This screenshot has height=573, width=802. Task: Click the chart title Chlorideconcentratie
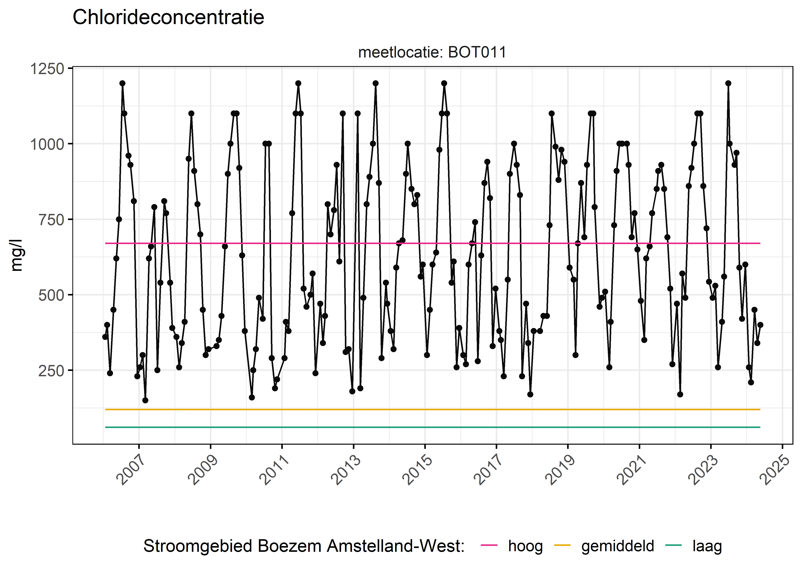point(168,17)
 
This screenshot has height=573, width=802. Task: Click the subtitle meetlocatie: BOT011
point(432,52)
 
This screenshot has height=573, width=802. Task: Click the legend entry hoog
point(525,546)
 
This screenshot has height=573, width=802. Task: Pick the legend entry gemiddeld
point(618,546)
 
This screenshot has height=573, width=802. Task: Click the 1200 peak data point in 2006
point(122,83)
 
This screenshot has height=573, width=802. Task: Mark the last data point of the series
point(760,325)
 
